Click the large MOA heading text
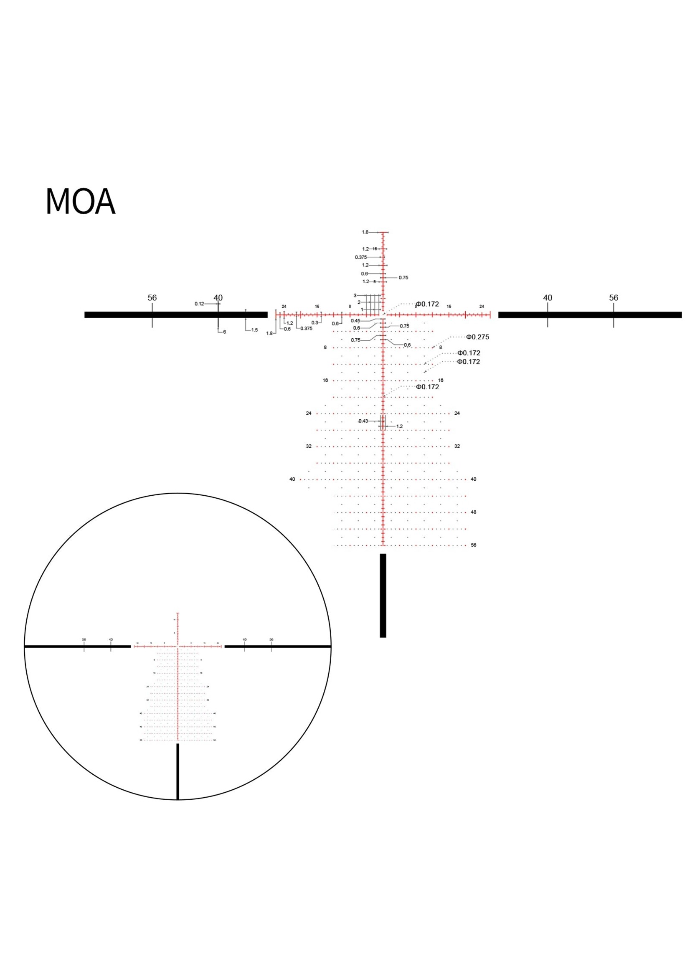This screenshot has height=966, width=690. click(x=80, y=202)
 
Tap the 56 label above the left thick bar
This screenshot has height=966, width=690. click(x=152, y=298)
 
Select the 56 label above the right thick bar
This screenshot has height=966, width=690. click(x=614, y=298)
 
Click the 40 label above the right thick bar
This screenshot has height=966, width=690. click(x=548, y=298)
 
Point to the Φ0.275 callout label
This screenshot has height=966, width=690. click(x=477, y=337)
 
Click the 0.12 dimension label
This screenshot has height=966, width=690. click(x=199, y=304)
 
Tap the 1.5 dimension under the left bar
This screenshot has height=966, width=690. click(x=254, y=330)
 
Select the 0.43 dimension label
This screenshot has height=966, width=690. click(x=363, y=421)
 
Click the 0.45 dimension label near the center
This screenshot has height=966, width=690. click(x=355, y=321)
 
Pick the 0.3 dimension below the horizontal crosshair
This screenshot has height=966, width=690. click(x=315, y=323)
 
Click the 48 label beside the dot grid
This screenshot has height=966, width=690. click(x=474, y=512)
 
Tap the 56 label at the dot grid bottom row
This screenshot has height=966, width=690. click(x=474, y=545)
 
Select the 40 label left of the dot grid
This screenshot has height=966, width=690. click(x=292, y=479)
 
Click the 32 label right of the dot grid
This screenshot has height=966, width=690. click(x=457, y=446)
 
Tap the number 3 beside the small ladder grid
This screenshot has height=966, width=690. click(x=355, y=295)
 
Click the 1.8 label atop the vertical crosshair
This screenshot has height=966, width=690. click(x=365, y=232)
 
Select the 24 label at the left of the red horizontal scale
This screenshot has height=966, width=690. click(x=284, y=306)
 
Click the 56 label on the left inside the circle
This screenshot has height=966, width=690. click(x=84, y=639)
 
